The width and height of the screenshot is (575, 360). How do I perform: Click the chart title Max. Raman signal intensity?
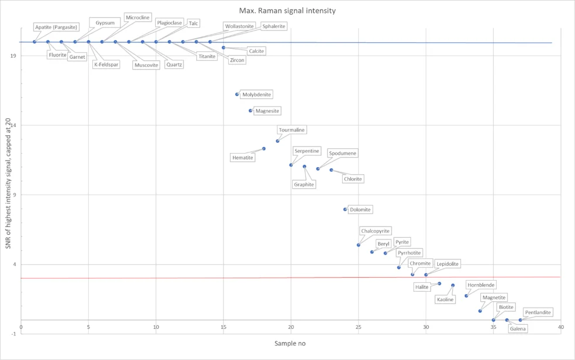click(287, 11)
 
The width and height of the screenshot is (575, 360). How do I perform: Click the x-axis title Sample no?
click(290, 344)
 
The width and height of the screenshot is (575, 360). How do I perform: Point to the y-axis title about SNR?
click(8, 184)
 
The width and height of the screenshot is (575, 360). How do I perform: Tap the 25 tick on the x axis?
click(358, 327)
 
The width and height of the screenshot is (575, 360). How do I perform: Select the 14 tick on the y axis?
click(14, 125)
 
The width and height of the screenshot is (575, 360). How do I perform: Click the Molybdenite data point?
click(237, 94)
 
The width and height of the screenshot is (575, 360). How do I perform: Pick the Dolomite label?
click(360, 209)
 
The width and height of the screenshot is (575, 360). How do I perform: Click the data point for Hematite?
click(263, 149)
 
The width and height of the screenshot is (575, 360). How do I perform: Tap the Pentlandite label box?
click(537, 312)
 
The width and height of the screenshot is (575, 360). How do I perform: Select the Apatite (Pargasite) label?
click(56, 27)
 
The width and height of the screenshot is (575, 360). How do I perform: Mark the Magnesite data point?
click(250, 111)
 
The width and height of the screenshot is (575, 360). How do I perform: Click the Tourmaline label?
click(292, 130)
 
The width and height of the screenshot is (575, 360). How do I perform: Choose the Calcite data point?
click(223, 48)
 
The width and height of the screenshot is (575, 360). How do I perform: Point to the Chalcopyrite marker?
click(358, 245)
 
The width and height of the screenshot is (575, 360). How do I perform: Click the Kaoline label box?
click(445, 299)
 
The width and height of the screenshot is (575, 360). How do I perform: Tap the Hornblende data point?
click(466, 296)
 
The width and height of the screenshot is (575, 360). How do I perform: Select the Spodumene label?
click(343, 154)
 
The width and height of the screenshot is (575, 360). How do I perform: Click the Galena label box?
click(518, 328)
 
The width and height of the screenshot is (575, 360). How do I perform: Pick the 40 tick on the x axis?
click(561, 327)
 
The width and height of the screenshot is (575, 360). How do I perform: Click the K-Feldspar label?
click(106, 65)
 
